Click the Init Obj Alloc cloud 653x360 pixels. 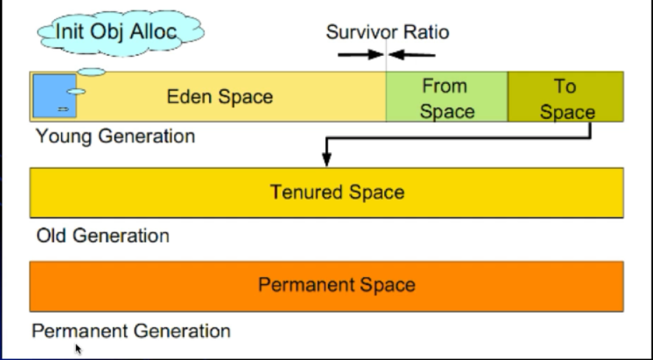121,32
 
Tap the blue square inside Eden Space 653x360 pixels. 55,96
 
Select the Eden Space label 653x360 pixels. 220,97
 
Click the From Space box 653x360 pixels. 447,97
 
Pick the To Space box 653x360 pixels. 566,97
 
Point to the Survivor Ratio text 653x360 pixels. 387,32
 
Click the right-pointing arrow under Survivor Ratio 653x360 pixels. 361,54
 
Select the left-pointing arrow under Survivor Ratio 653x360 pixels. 412,55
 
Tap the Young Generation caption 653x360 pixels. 116,137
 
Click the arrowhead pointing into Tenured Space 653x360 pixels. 327,159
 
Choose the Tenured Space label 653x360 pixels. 337,193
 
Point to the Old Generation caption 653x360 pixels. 103,235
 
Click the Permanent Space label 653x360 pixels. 337,285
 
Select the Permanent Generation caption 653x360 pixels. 131,331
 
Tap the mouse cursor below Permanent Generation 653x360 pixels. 78,349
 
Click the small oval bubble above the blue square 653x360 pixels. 92,72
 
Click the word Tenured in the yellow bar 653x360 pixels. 306,193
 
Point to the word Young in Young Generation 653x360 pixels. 63,137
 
